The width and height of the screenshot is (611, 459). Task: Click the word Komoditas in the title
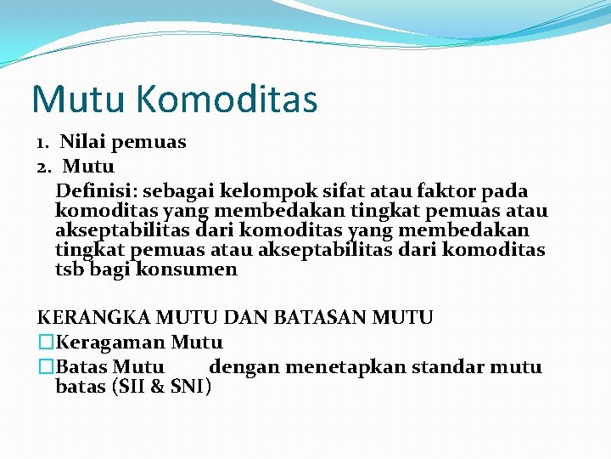(x=226, y=99)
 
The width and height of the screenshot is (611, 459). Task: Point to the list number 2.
(x=43, y=166)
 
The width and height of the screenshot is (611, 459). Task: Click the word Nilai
(x=82, y=142)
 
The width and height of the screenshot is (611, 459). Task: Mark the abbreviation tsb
(x=70, y=269)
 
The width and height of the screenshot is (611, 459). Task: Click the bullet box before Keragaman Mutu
(x=45, y=343)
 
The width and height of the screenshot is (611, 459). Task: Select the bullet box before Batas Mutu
(x=45, y=367)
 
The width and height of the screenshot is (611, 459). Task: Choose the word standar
(x=455, y=367)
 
